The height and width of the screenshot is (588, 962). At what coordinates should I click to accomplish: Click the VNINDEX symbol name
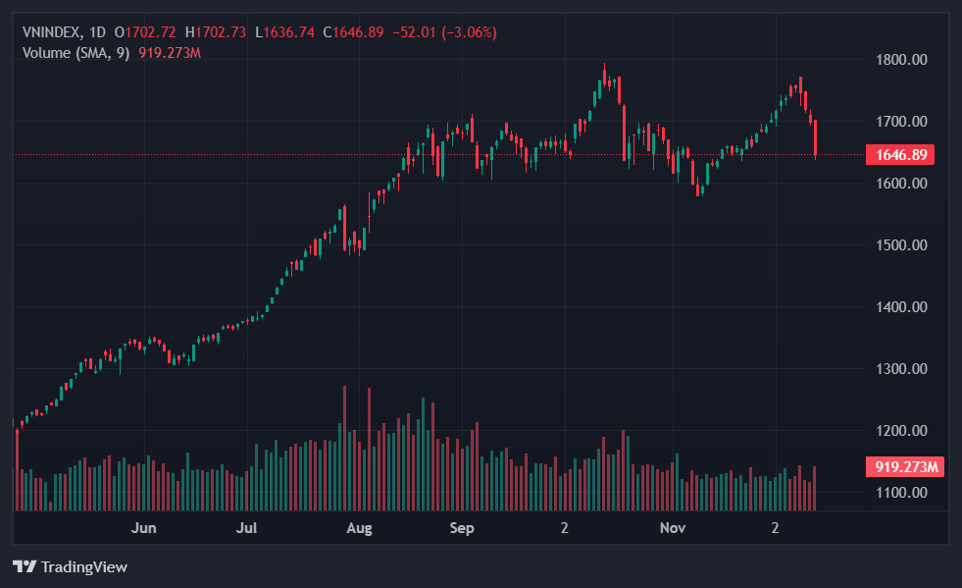click(51, 32)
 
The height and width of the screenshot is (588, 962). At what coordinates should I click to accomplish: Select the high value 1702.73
click(220, 32)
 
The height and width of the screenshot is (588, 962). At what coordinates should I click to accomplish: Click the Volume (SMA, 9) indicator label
click(76, 52)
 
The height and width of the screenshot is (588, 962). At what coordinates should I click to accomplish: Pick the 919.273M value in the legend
click(170, 52)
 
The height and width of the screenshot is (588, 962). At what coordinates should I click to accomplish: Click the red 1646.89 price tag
click(900, 154)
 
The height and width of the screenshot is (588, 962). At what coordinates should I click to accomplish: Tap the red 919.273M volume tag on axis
click(903, 467)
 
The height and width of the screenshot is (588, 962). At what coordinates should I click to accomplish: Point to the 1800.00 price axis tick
click(901, 60)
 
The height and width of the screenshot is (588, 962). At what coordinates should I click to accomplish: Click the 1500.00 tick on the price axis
click(901, 245)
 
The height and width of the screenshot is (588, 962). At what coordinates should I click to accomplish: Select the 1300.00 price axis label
click(901, 369)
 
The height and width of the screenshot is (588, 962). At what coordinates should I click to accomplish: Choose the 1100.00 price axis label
click(901, 493)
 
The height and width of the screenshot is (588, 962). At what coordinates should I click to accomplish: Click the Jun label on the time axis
click(144, 528)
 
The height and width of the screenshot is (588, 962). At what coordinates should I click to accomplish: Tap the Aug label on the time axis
click(360, 528)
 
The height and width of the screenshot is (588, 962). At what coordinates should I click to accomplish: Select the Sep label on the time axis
click(462, 528)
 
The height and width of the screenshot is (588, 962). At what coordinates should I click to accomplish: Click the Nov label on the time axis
click(672, 528)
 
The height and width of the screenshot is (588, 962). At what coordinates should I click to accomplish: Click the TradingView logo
click(70, 566)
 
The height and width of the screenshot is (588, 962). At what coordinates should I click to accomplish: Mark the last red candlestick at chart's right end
click(816, 137)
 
